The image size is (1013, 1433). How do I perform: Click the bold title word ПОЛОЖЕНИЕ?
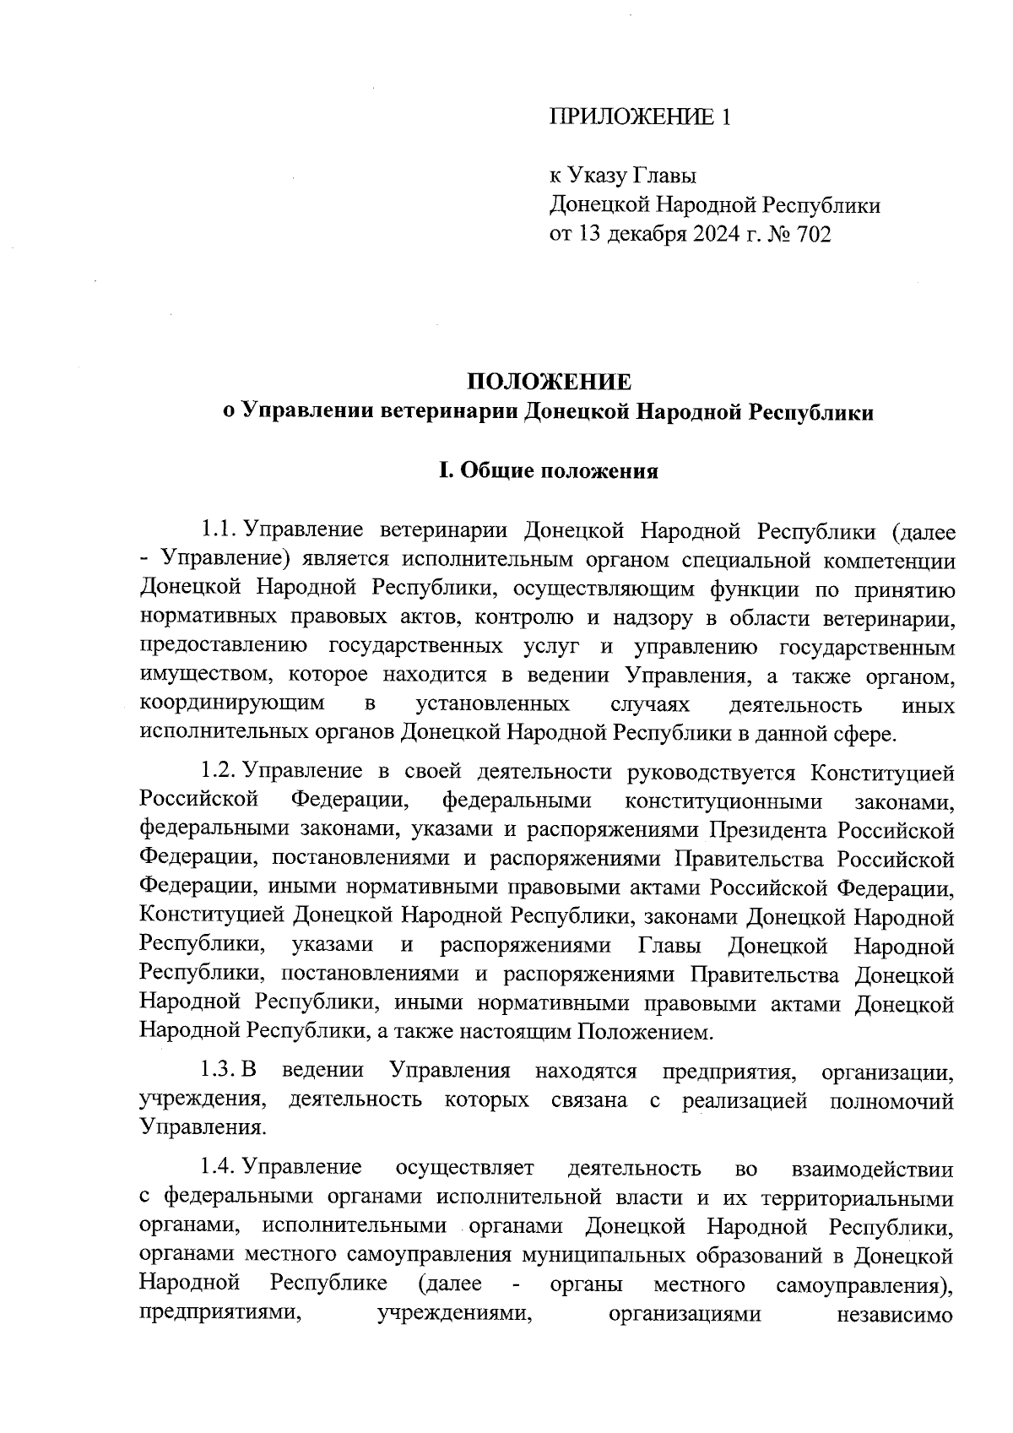click(x=549, y=382)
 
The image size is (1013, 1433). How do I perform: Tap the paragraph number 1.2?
click(x=218, y=771)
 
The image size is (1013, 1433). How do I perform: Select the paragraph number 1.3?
click(x=218, y=1071)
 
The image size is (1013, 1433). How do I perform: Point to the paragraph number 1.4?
click(x=218, y=1168)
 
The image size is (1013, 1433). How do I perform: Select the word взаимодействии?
click(x=873, y=1169)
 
